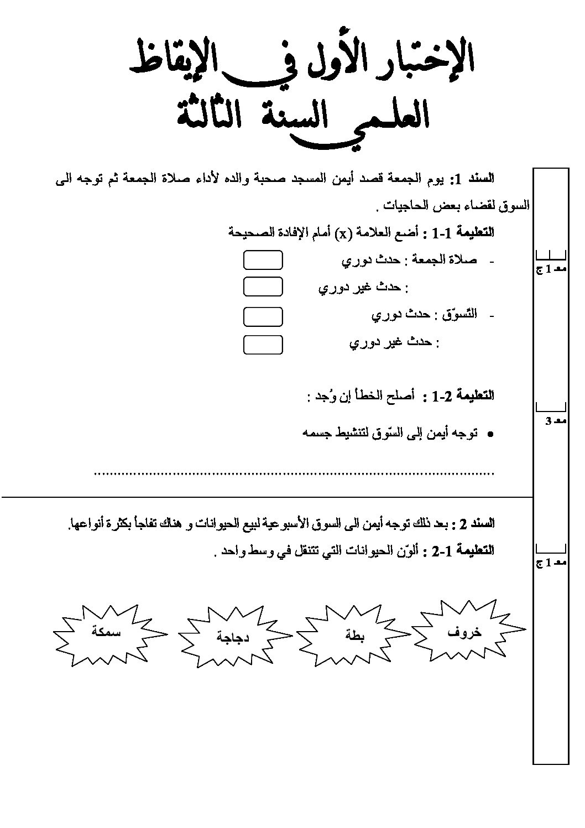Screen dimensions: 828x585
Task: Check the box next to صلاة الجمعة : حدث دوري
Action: (x=263, y=260)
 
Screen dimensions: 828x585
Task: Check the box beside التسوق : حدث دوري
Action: (x=263, y=317)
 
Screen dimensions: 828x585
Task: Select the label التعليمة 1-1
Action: (x=463, y=233)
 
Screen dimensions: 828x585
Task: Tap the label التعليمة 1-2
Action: (x=463, y=395)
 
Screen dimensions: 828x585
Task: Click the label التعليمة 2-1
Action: (x=463, y=551)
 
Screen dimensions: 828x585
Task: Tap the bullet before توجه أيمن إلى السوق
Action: (x=489, y=435)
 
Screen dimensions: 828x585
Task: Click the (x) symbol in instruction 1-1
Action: (x=343, y=233)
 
